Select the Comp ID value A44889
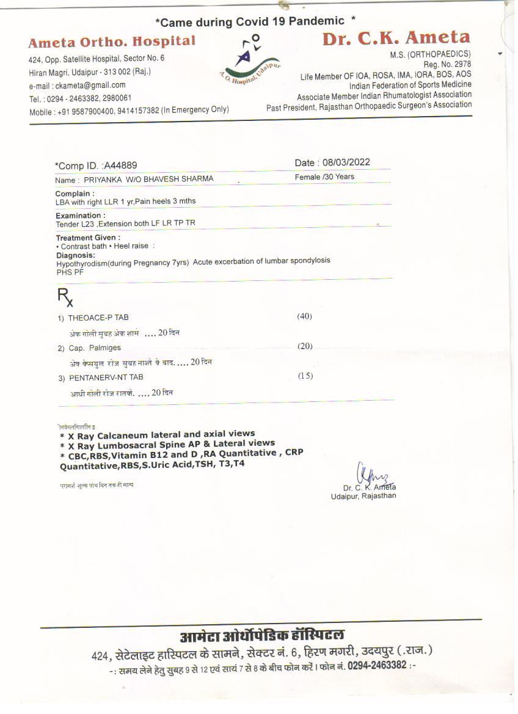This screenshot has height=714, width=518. coord(120,166)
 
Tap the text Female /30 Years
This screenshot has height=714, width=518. coord(324,177)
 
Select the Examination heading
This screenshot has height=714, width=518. coord(80,216)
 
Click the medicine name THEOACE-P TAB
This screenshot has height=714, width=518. coord(98,318)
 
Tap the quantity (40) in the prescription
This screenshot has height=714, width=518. coord(305,316)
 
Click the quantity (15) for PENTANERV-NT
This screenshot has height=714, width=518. coord(305,376)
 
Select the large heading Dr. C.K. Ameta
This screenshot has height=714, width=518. coord(396,38)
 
